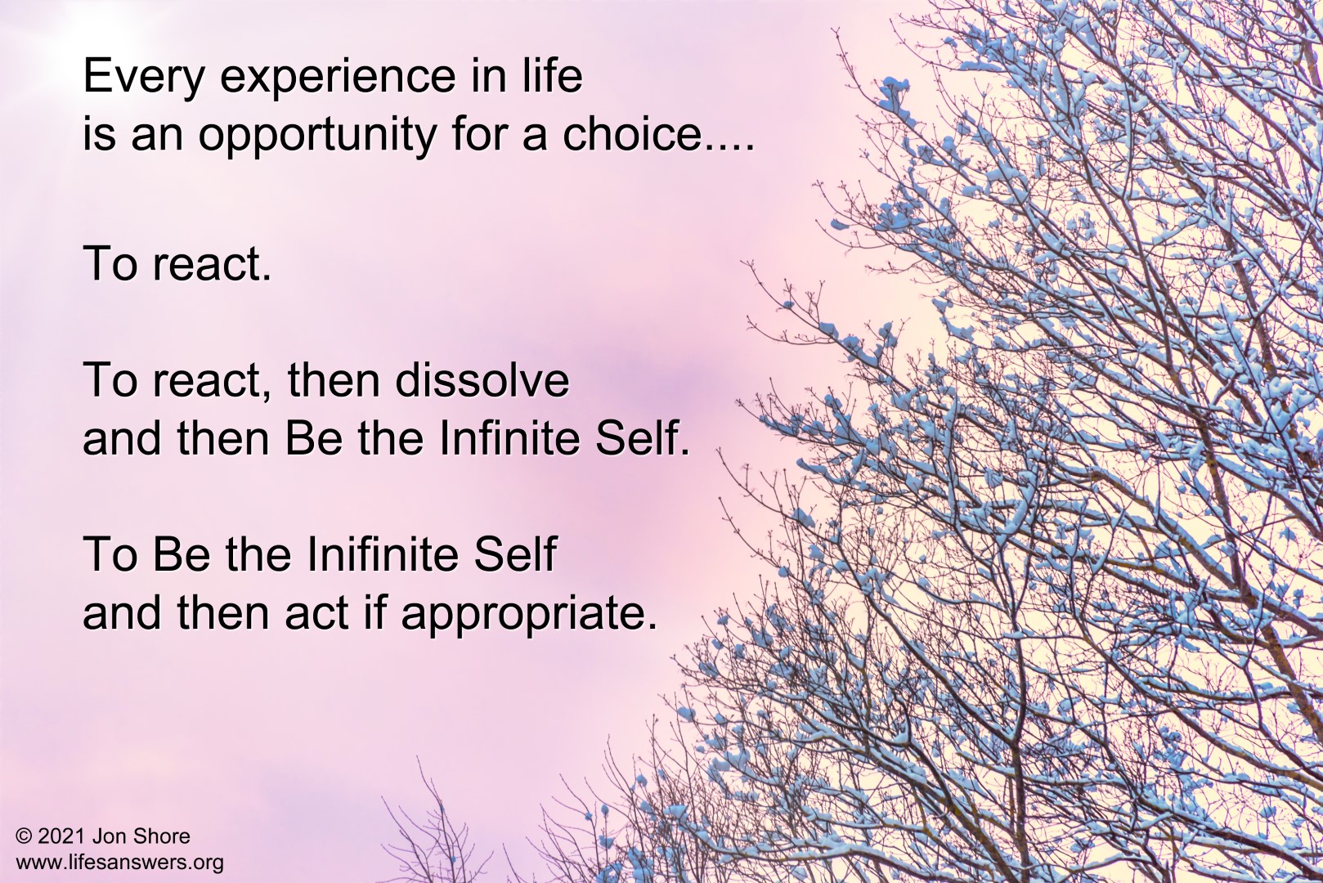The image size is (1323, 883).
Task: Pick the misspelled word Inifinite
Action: [x=383, y=554]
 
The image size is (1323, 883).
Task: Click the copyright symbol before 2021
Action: [x=24, y=836]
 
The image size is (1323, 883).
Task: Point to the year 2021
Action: [x=62, y=836]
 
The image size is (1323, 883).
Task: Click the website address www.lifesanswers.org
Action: [x=120, y=863]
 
